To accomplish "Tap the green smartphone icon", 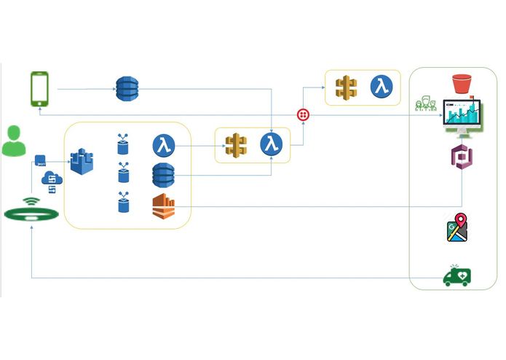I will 39,89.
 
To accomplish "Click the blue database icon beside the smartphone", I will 127,88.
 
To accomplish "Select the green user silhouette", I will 13,141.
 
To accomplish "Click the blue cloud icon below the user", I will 51,179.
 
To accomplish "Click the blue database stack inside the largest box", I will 164,176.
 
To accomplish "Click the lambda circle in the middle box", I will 272,144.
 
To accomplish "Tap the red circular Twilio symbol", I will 303,115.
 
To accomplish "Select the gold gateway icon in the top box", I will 346,87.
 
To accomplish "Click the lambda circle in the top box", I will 382,87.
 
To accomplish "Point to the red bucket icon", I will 463,83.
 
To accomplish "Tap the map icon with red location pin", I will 455,227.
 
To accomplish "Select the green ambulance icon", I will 457,275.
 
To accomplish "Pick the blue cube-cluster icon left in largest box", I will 82,160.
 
